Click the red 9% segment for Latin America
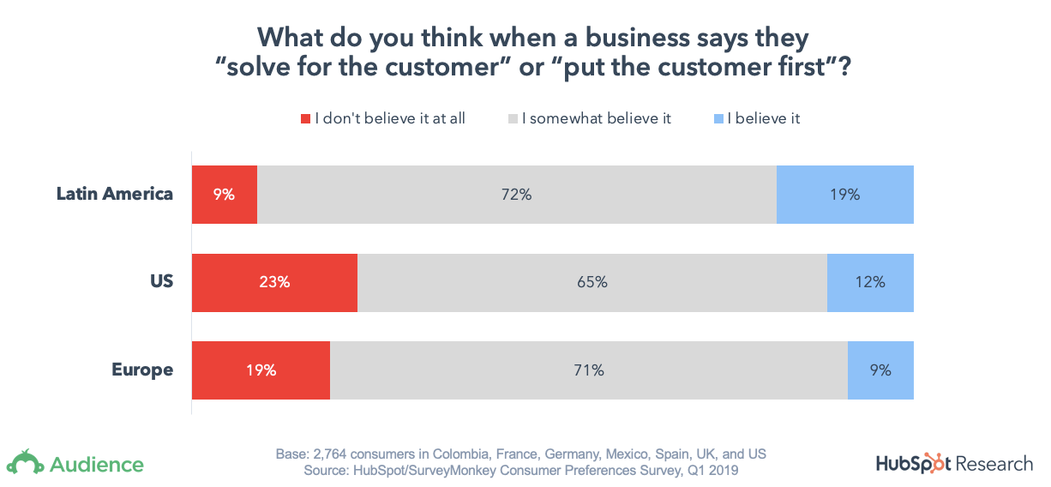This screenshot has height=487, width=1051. (224, 195)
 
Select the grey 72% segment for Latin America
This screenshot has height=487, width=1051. (516, 195)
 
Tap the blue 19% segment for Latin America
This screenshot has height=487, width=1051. (844, 195)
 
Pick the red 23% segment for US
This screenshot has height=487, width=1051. (274, 282)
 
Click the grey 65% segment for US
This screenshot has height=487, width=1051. (592, 282)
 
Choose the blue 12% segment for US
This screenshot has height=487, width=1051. (869, 282)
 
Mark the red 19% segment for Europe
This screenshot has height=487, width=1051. (261, 370)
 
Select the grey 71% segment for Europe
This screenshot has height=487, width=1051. (588, 370)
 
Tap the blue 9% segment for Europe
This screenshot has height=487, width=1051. (880, 370)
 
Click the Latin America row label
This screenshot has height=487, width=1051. (115, 194)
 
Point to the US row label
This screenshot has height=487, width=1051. (161, 282)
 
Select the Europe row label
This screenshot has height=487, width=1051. (142, 370)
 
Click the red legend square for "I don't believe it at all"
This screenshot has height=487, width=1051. (305, 119)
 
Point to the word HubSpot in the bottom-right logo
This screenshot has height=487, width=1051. (913, 464)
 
